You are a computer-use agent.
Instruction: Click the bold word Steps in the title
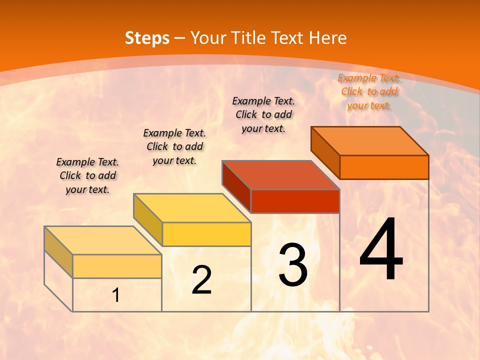point(147,38)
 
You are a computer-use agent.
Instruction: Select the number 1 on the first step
point(116,295)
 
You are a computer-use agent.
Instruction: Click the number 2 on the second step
point(201,280)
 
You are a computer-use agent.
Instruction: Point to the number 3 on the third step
point(293,265)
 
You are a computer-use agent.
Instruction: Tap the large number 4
point(381,249)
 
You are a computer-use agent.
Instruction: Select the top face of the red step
point(280,174)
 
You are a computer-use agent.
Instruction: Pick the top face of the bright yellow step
point(192,207)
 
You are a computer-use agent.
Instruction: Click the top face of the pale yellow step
point(103,240)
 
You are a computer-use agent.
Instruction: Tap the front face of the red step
point(295,201)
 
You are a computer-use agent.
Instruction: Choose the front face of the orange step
point(384,167)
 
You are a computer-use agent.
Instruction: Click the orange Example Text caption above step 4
point(369,91)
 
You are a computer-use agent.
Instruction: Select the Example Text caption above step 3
point(263,114)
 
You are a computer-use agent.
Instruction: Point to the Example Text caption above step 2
point(174,146)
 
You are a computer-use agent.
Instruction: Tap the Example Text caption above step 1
point(87,175)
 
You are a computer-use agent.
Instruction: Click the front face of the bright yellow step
point(206,234)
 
